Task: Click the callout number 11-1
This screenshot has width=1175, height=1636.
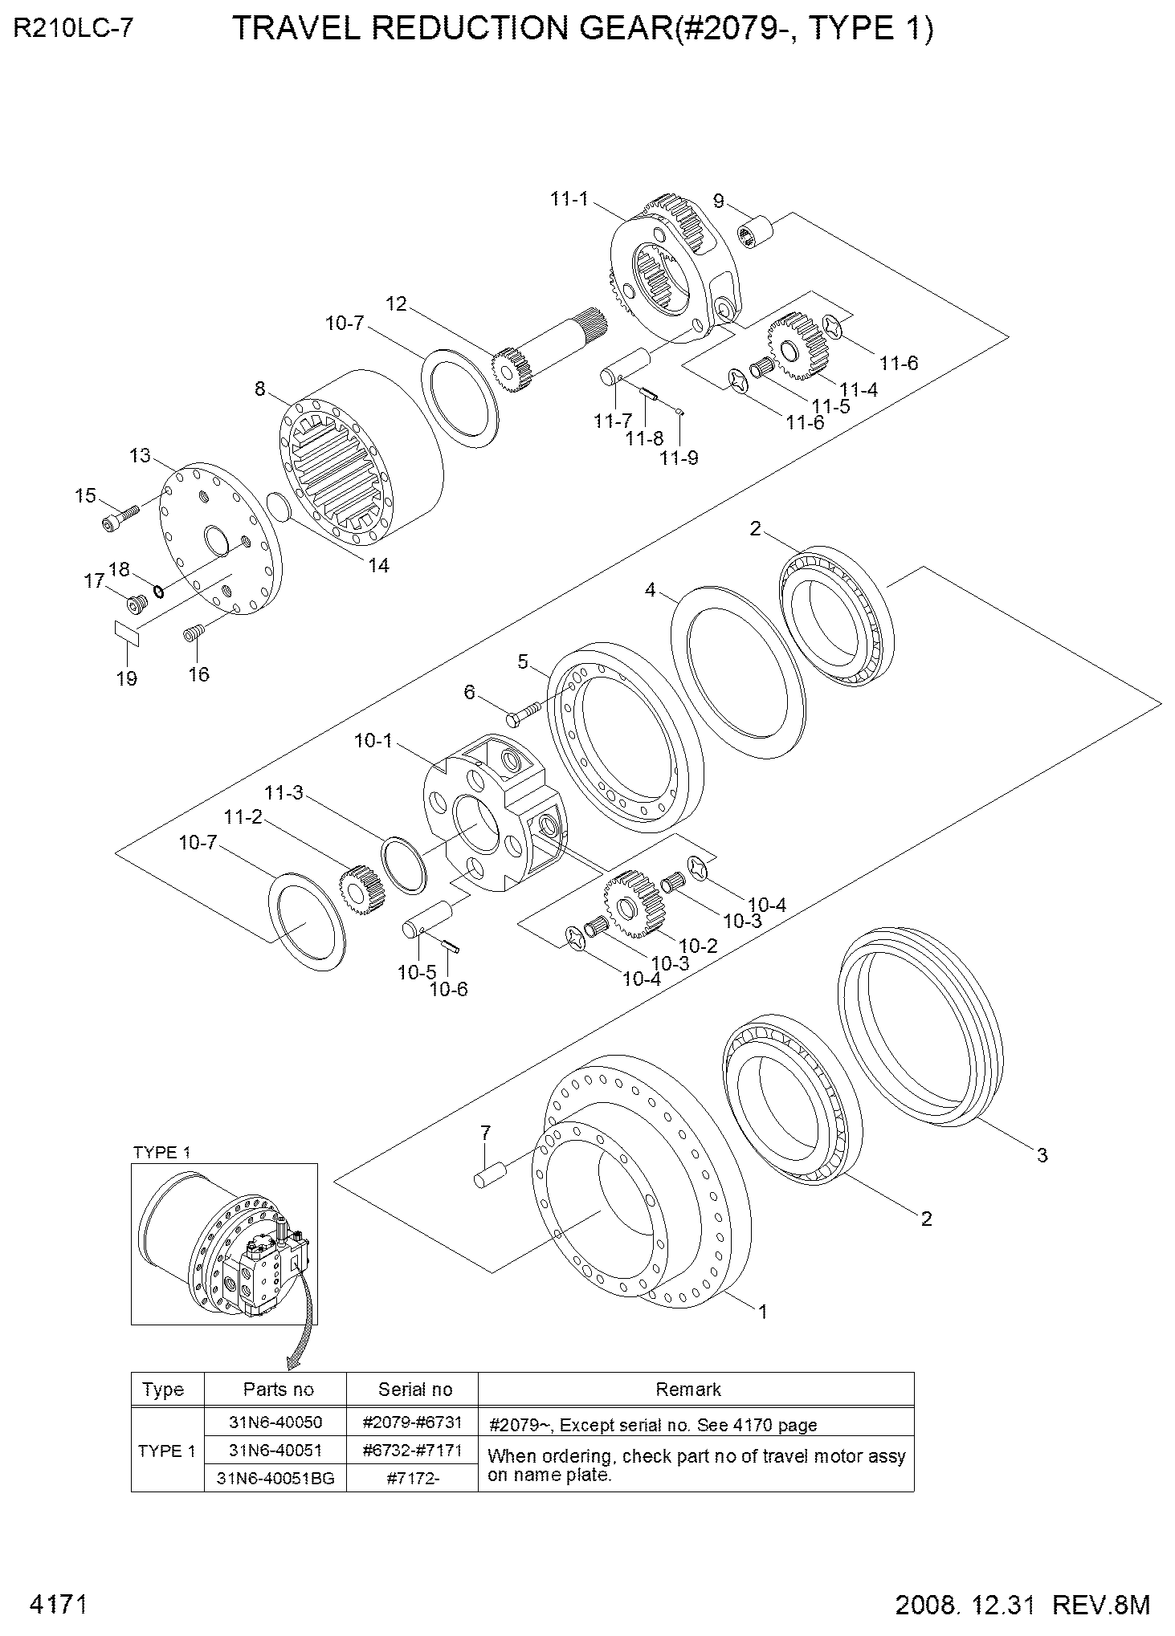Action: coord(569,198)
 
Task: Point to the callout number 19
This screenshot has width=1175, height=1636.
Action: coord(126,678)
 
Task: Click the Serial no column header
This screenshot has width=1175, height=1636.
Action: coord(414,1389)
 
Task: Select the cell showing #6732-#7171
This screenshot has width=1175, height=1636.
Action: coord(413,1450)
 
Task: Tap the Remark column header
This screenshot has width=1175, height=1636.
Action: coord(688,1389)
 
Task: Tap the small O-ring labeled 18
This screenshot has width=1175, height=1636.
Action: coord(158,592)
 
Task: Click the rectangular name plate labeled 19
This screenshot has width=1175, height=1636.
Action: coord(127,632)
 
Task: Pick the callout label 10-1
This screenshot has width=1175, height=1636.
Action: coord(373,740)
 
